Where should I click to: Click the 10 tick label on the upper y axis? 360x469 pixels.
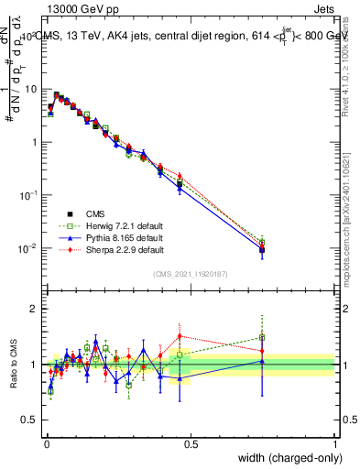[30, 89]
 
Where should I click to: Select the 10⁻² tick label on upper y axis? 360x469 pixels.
[28, 248]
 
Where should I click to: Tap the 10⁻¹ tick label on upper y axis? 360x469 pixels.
[28, 195]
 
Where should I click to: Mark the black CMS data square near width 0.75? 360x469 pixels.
[262, 249]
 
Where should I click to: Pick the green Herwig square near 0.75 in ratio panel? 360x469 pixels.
[262, 337]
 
